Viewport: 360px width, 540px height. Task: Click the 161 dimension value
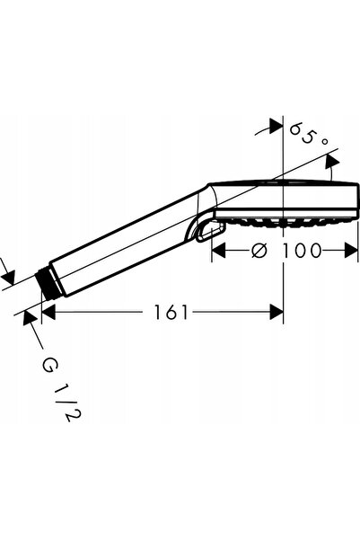pos(171,313)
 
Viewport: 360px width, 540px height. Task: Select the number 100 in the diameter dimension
pos(302,250)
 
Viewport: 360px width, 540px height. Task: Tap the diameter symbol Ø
pos(259,250)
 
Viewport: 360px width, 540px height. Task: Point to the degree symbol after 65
pos(324,141)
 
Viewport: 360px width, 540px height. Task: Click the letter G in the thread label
pos(48,366)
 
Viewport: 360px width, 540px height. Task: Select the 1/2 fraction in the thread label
pos(67,403)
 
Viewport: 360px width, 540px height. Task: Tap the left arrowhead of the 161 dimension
pos(48,313)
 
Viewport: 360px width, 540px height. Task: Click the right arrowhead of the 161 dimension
pos(277,313)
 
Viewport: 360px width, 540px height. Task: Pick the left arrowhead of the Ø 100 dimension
pos(218,250)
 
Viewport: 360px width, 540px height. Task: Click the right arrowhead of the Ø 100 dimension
pos(351,250)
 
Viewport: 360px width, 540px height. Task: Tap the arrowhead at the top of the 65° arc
pos(276,126)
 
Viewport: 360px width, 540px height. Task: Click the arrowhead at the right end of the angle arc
pos(332,161)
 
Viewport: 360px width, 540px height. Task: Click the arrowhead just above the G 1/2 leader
pos(30,317)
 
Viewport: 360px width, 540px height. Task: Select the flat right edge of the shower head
pos(357,201)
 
